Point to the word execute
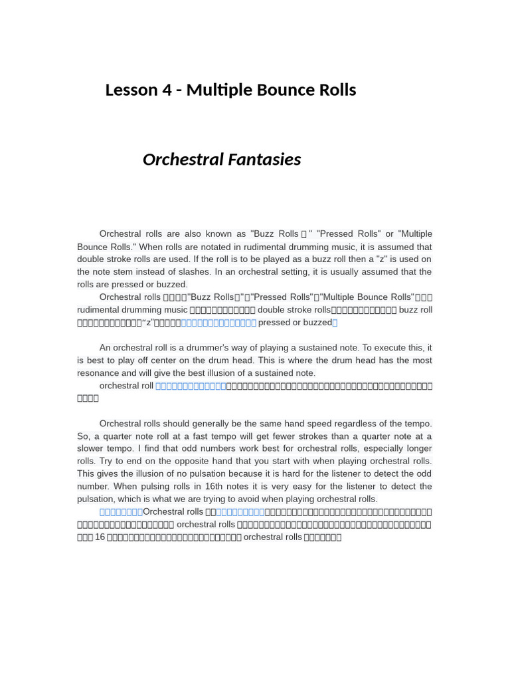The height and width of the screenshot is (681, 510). (x=382, y=348)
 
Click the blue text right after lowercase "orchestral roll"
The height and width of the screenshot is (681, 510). (x=191, y=386)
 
